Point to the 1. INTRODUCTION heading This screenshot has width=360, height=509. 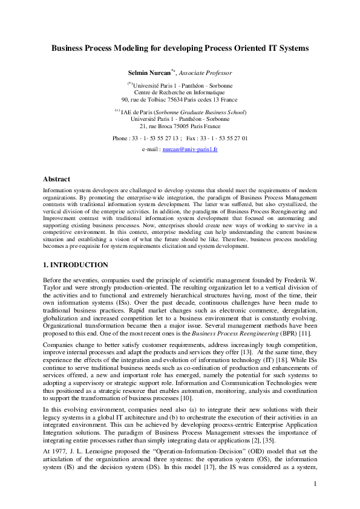click(75, 265)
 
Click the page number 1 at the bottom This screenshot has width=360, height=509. click(315, 484)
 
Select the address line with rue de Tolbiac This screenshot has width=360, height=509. click(179, 100)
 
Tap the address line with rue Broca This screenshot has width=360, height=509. click(180, 126)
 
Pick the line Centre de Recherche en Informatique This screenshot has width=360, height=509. click(180, 92)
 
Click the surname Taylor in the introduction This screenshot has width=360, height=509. click(52, 289)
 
